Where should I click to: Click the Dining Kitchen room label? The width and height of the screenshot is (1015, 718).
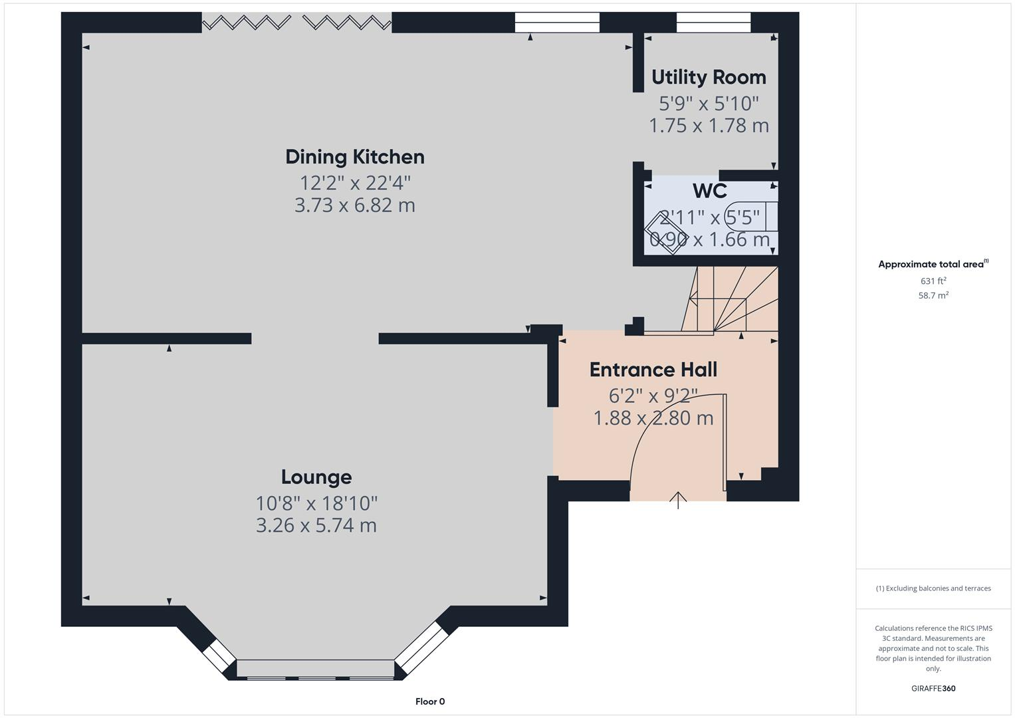click(354, 157)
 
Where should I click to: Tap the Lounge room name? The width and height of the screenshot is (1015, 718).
click(316, 477)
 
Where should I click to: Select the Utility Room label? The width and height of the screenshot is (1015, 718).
click(709, 77)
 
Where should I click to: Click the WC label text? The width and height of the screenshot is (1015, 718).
click(709, 191)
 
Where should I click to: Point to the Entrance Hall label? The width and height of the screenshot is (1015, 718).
click(653, 370)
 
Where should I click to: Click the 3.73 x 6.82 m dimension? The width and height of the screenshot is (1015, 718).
click(354, 205)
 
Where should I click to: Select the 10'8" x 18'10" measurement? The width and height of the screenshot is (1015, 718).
click(316, 503)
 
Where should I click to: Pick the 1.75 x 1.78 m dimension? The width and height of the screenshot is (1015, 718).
click(709, 125)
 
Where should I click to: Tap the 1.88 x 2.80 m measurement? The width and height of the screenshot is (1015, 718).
click(653, 418)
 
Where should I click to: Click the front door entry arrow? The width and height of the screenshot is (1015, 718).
click(677, 499)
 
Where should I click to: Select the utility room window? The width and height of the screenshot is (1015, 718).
click(713, 23)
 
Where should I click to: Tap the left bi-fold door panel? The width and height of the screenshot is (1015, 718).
click(246, 23)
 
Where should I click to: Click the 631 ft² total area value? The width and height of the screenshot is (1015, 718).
click(933, 281)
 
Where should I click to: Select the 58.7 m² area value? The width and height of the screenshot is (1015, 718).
click(933, 296)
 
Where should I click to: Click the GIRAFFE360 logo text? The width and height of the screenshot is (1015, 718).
click(933, 688)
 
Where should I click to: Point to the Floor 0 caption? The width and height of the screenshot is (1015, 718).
click(430, 701)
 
